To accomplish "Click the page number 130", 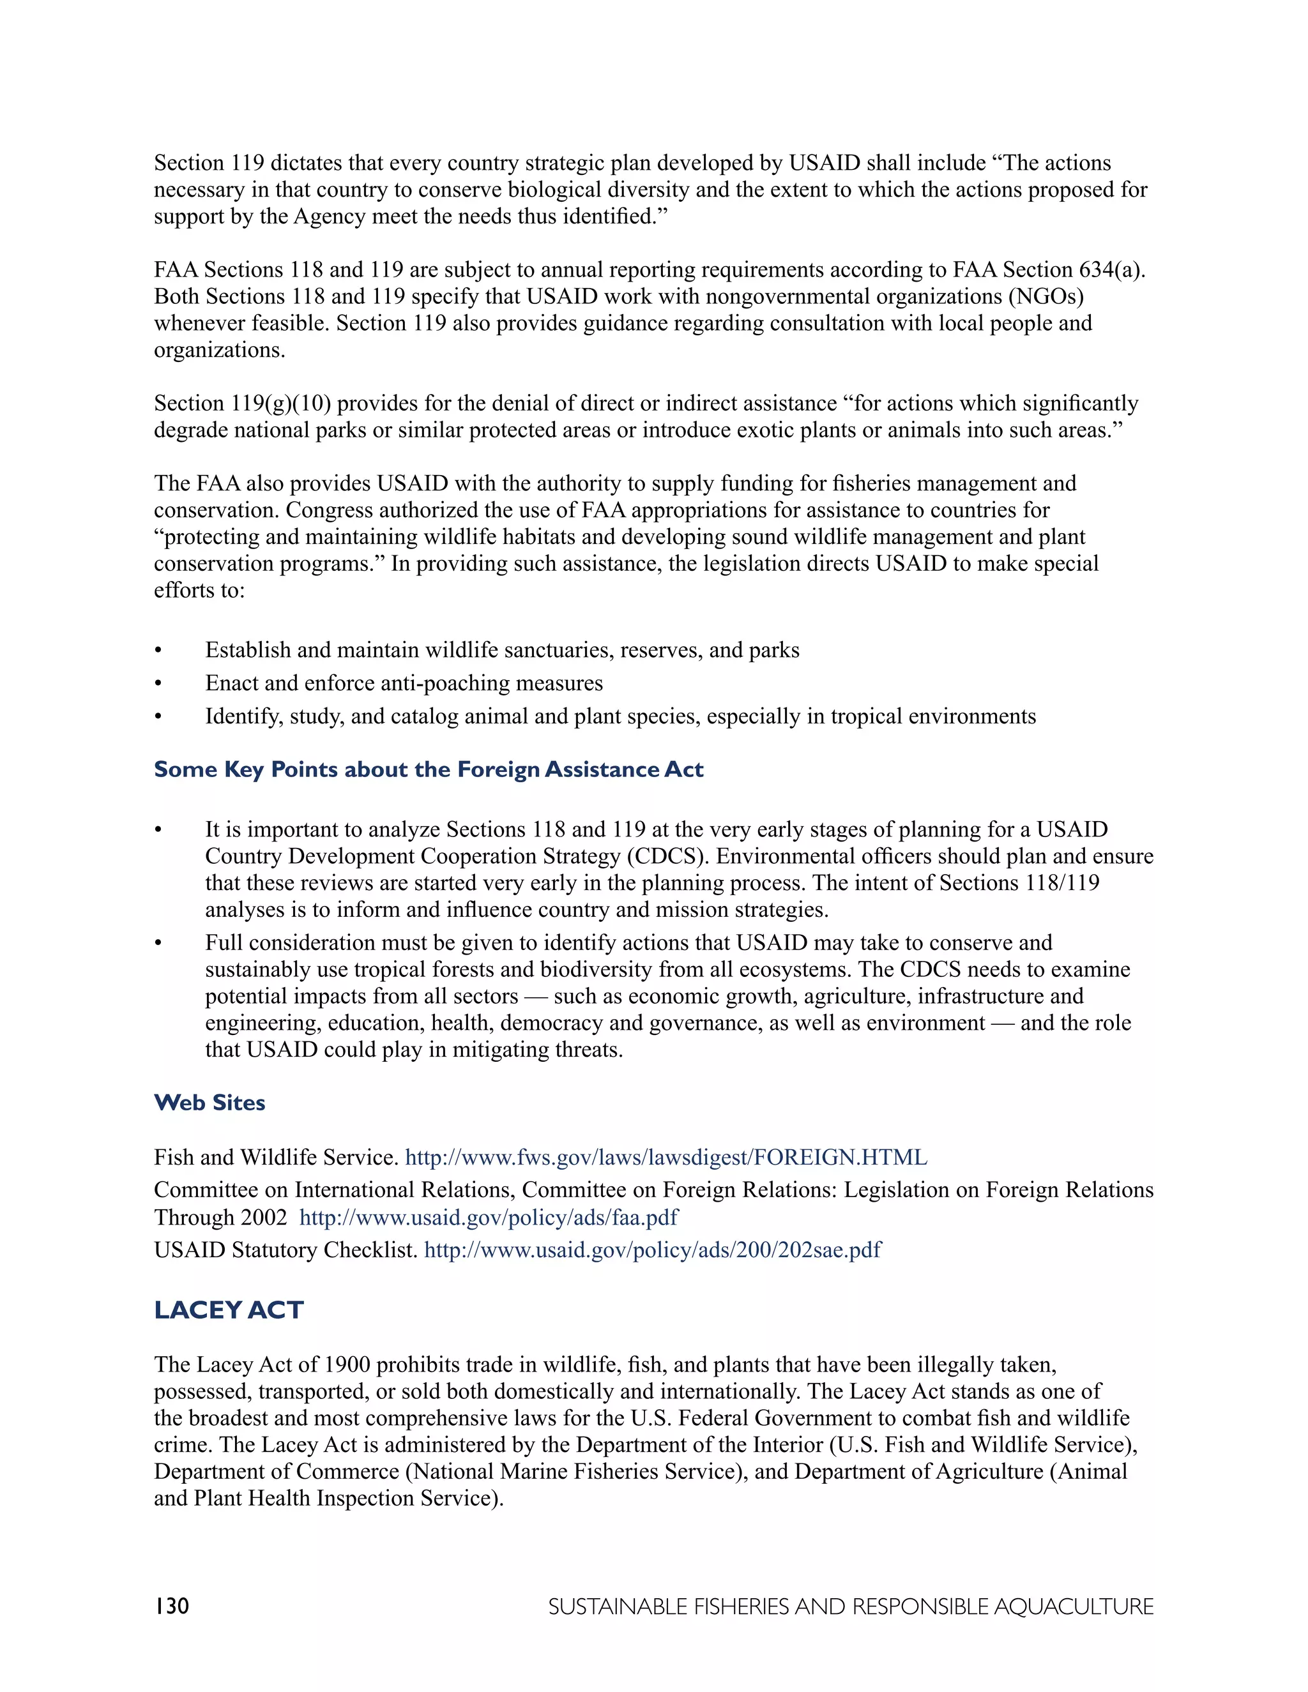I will click(171, 1605).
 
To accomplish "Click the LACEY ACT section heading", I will click(229, 1310).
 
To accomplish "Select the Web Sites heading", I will click(209, 1103).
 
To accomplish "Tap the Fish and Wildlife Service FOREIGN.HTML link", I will click(665, 1158).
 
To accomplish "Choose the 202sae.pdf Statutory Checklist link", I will click(653, 1250).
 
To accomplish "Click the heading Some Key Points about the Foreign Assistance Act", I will click(429, 769).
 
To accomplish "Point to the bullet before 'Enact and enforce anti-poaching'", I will click(158, 684).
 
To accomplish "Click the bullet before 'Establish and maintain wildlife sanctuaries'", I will click(158, 651).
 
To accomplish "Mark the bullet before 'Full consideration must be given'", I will click(158, 944).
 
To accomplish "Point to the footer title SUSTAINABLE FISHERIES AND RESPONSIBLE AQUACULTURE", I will click(851, 1606).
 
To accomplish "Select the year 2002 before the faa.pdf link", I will click(264, 1217).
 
